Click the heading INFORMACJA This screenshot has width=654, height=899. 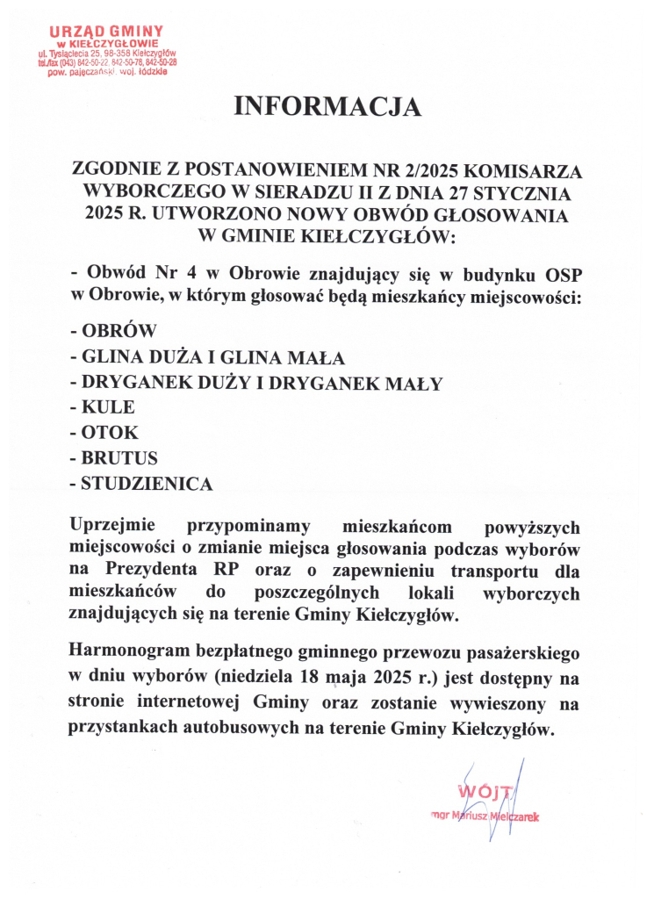(327, 107)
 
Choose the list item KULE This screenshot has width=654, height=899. (108, 407)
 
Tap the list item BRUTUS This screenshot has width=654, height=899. (119, 458)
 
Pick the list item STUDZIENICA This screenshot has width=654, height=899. (147, 484)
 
